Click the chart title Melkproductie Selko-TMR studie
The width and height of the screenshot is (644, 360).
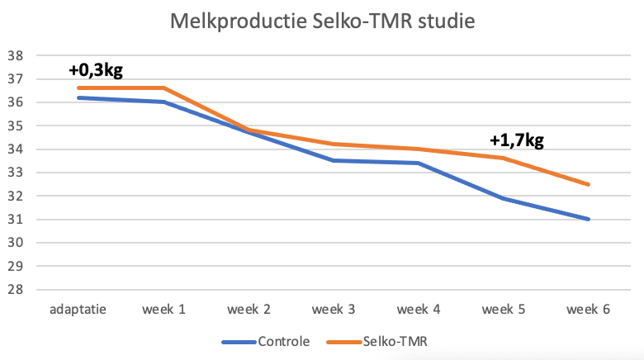(322, 21)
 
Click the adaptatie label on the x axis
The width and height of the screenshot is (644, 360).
(78, 310)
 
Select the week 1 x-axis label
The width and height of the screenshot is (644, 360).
(163, 310)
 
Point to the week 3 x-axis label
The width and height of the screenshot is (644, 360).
(334, 310)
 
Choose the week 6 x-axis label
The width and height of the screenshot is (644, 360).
(589, 310)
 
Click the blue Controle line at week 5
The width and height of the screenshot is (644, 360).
(504, 198)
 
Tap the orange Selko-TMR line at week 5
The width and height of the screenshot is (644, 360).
(504, 158)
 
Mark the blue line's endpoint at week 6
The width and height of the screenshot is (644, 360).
(589, 219)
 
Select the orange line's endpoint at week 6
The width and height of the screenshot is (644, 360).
(589, 184)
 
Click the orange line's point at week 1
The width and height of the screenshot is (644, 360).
(163, 88)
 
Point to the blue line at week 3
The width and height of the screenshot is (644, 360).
(334, 160)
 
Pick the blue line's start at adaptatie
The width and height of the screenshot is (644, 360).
(78, 97)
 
